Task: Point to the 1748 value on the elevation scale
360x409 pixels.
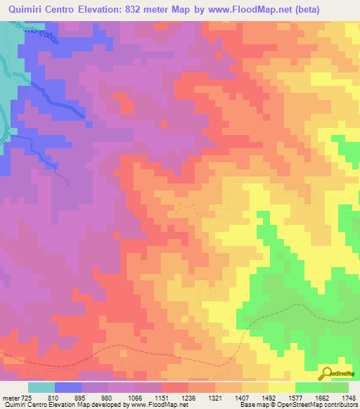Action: [x=349, y=397]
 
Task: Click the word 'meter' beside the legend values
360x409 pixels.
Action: [x=11, y=397]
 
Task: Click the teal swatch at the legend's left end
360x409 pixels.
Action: [x=41, y=387]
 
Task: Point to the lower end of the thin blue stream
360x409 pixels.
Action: [x=67, y=183]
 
